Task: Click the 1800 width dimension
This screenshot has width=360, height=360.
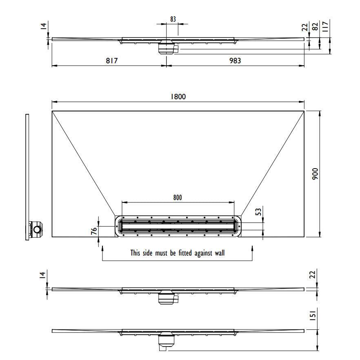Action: (178, 96)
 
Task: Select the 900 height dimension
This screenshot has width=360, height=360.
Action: (316, 174)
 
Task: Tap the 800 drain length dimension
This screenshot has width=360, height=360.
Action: (178, 198)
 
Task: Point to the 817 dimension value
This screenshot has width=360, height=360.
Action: (111, 60)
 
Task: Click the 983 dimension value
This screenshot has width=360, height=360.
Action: (235, 60)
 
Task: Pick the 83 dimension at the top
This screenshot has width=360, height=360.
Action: (173, 19)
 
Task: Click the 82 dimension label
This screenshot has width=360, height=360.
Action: (316, 27)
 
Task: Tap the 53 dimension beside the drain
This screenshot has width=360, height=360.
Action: (258, 212)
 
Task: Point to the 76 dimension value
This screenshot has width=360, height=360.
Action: (94, 231)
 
